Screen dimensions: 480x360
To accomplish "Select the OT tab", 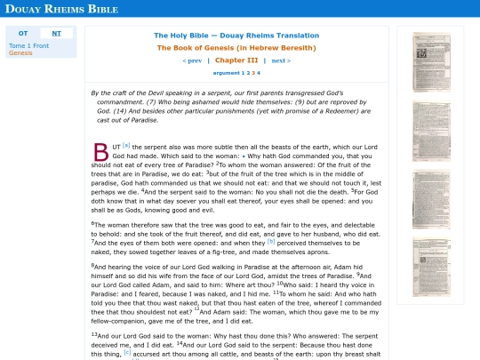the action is pos(23,33).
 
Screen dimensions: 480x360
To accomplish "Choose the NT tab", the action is pos(57,33).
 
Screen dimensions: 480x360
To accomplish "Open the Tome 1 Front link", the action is pos(28,44).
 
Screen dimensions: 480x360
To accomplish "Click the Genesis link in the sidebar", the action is pos(20,52).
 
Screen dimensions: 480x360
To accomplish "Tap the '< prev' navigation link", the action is pos(191,60).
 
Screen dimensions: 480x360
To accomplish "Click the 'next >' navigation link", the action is pos(281,60).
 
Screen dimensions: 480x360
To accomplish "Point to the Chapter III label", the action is pos(236,60).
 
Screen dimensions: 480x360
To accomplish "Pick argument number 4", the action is pos(259,73).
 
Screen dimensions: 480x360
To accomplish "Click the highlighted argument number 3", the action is pos(253,73).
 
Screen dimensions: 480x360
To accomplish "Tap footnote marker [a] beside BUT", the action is pos(126,144).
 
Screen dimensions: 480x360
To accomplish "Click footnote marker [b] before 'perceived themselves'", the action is pos(271,240).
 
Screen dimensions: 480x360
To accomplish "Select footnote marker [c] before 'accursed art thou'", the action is pos(127,352).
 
